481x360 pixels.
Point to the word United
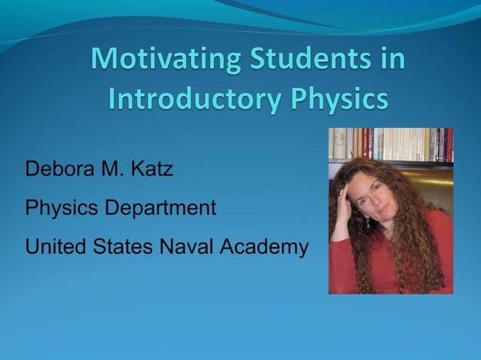[x=50, y=247]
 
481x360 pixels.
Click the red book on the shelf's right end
[x=449, y=145]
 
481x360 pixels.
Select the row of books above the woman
[x=391, y=144]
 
